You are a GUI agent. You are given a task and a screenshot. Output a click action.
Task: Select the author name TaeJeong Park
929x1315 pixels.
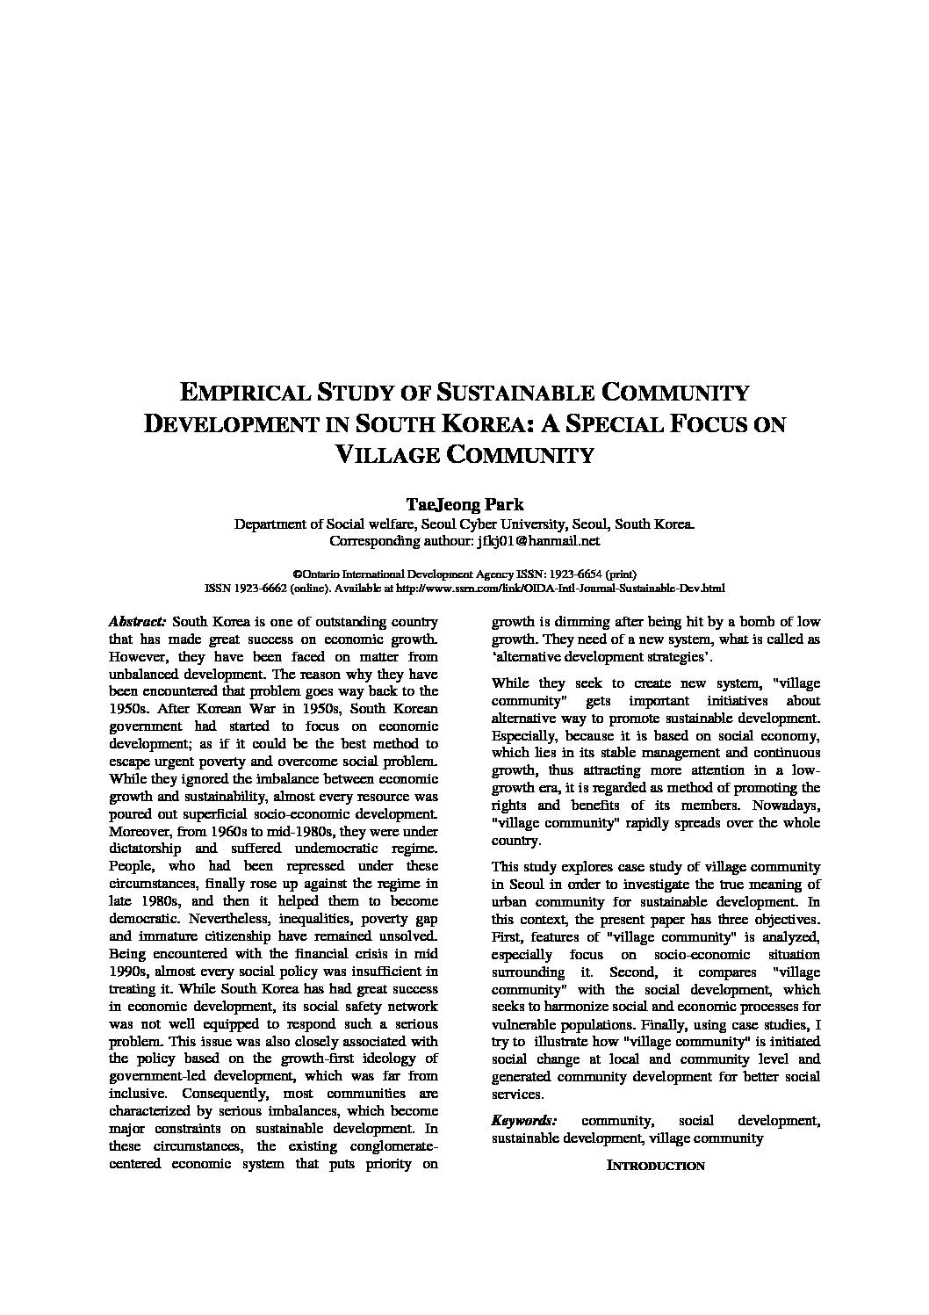coord(464,504)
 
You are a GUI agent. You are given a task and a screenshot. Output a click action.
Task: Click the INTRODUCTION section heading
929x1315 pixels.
coord(656,1166)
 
